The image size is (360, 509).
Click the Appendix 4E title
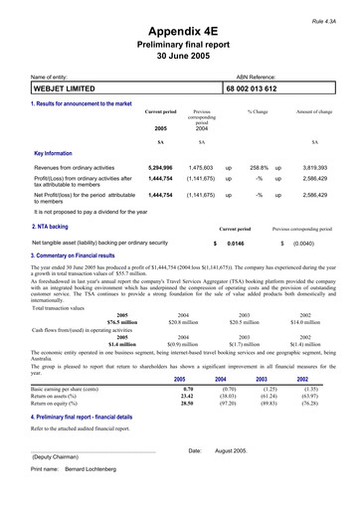click(x=181, y=31)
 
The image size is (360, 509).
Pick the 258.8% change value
click(x=260, y=168)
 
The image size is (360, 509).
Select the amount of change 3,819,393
click(x=314, y=168)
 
